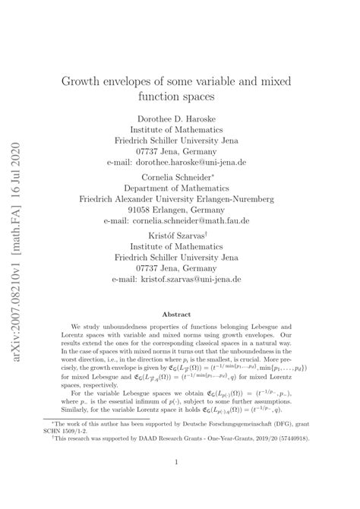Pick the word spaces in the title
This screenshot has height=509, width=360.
pyautogui.click(x=233, y=97)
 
